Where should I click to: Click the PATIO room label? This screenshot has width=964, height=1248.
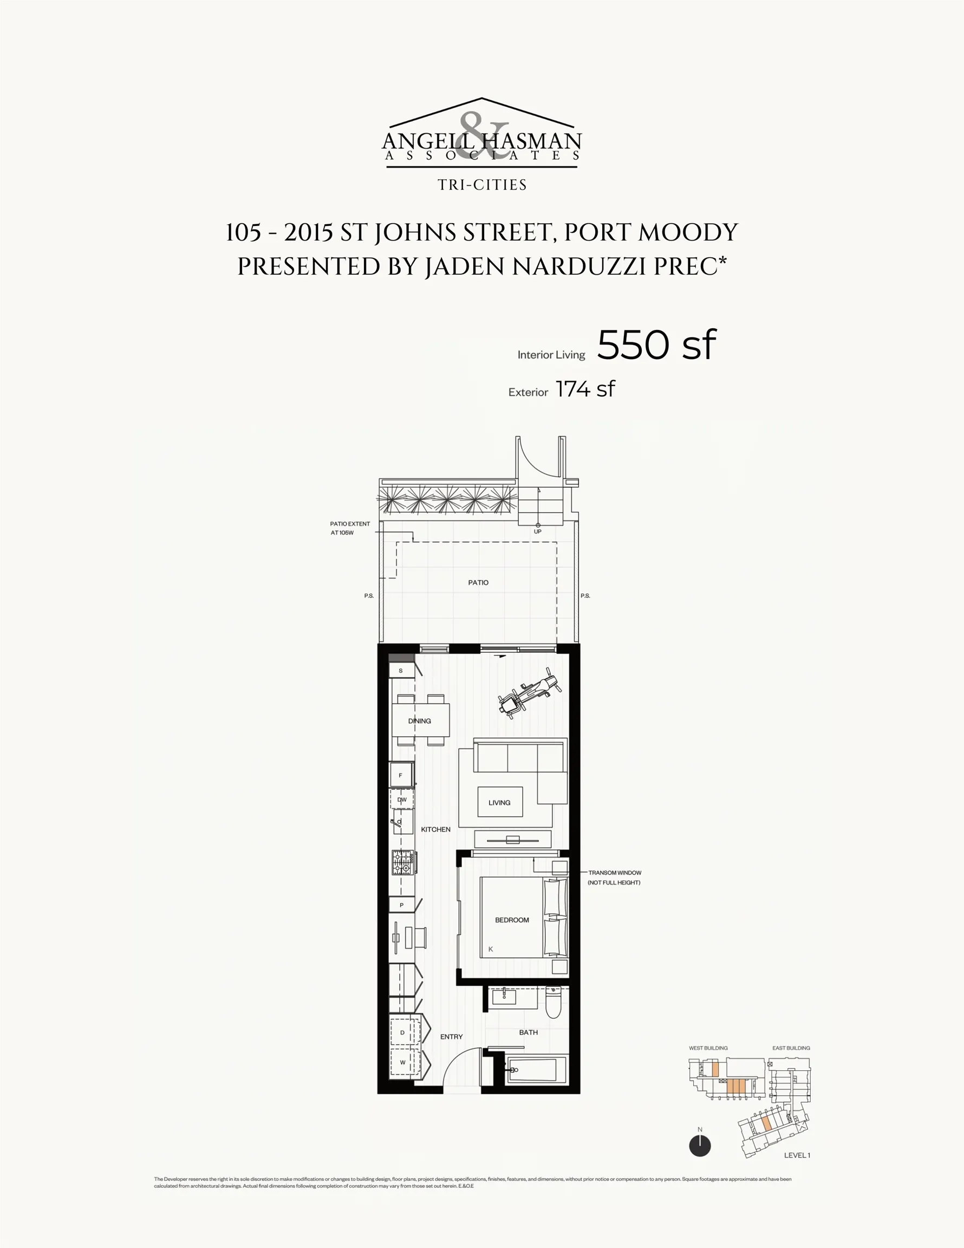click(x=478, y=582)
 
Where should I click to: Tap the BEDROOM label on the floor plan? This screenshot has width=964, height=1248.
click(x=511, y=919)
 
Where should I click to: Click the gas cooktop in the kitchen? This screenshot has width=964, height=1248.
click(x=403, y=863)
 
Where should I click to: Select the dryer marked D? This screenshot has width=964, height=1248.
click(x=402, y=1032)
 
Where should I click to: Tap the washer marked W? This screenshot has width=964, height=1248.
click(x=402, y=1062)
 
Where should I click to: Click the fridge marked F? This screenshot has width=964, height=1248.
click(x=401, y=776)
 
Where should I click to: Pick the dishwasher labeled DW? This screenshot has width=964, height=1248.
click(x=402, y=799)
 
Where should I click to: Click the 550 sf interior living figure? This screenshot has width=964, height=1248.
click(x=656, y=344)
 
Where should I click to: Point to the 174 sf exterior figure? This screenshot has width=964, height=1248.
click(x=585, y=389)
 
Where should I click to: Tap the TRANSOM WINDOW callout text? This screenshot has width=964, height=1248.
click(x=614, y=877)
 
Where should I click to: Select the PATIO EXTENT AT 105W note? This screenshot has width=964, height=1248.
click(x=350, y=528)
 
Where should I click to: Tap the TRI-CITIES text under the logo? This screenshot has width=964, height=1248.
click(x=481, y=185)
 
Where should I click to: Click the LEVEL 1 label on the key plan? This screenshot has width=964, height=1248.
click(x=797, y=1155)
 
